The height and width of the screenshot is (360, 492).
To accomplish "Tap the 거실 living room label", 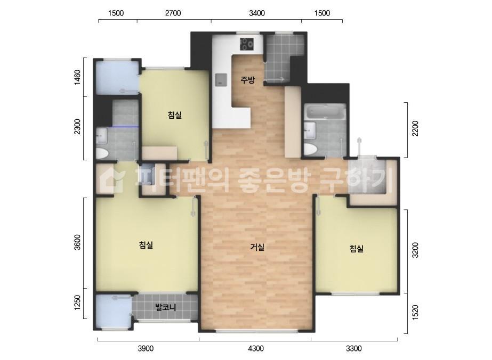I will (x=257, y=247).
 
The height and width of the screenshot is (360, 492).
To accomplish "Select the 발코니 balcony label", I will (x=165, y=307).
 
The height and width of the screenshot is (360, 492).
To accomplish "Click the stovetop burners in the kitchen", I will (x=247, y=44).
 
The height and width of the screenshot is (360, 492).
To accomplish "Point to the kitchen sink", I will (x=220, y=80).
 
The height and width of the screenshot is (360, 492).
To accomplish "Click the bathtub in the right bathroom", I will (x=325, y=112).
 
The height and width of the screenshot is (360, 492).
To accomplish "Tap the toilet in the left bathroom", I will (x=101, y=153).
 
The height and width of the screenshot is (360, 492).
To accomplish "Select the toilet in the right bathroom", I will (x=310, y=148).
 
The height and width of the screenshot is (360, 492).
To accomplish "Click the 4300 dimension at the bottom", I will (x=256, y=349).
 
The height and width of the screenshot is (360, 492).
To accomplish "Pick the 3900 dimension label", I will (x=146, y=349).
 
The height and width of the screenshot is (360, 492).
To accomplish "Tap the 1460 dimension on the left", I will (x=78, y=78).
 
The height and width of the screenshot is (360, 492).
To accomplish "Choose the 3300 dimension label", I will (x=353, y=349).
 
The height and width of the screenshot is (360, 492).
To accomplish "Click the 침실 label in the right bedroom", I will (x=357, y=248).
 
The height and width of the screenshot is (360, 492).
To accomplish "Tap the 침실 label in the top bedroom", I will (x=174, y=114).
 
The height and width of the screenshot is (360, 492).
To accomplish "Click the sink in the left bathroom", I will (x=101, y=135).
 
